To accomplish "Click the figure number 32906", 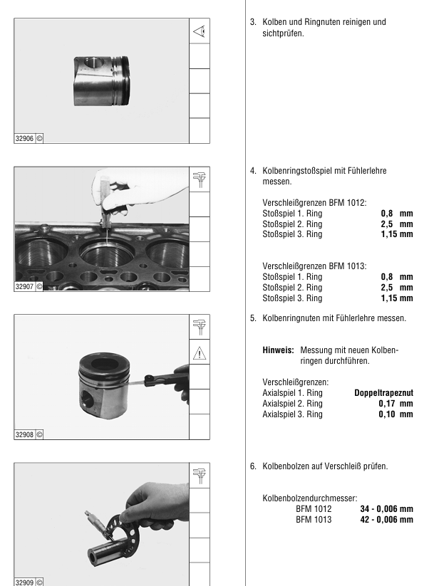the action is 25,138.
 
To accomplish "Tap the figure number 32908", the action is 25,434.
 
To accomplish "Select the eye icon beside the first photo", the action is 200,31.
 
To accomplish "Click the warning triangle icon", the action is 200,352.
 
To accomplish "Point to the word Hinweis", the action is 278,350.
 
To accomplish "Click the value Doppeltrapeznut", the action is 383,393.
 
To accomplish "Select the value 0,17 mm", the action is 395,404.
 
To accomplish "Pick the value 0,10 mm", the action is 395,414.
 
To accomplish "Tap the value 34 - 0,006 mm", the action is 387,509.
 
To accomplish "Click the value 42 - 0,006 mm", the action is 387,520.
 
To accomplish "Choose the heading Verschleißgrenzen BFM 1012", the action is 314,203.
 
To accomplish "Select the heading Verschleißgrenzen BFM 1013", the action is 314,266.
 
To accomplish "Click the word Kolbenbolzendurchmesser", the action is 309,498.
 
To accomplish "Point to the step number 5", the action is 253,318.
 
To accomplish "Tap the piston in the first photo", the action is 101,81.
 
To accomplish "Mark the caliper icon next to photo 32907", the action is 200,179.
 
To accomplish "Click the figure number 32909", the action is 25,582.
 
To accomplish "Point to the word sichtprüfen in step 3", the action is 283,33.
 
